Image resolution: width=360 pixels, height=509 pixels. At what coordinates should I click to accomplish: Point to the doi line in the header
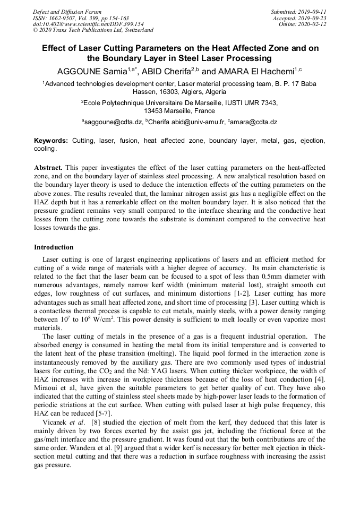(x=88, y=24)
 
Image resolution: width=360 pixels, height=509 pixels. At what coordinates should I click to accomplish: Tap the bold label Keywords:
(x=51, y=141)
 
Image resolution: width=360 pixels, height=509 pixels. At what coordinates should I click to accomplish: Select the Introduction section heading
(x=54, y=247)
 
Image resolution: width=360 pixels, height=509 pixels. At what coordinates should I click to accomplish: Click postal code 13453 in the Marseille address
(x=153, y=111)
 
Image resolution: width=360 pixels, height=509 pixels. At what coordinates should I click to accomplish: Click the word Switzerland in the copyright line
(x=136, y=30)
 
